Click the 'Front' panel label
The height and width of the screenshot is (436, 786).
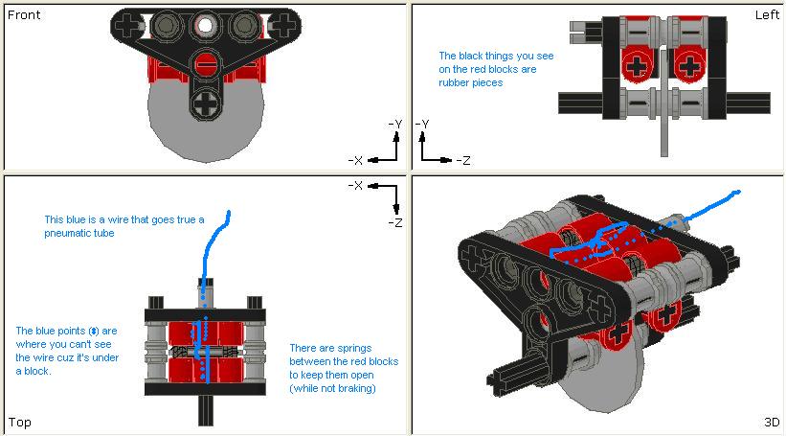[x=24, y=15]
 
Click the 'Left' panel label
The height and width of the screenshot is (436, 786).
[x=767, y=15]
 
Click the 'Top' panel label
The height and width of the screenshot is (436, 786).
[x=20, y=422]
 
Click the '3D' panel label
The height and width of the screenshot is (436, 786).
[x=772, y=422]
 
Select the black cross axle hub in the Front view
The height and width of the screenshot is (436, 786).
[x=205, y=100]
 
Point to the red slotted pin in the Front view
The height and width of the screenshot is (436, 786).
[x=205, y=65]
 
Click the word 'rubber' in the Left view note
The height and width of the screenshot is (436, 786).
[x=456, y=83]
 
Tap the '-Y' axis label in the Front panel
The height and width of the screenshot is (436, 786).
[x=394, y=124]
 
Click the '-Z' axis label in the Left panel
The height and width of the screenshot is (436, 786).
[x=461, y=160]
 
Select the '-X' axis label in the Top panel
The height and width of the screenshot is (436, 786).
[x=356, y=185]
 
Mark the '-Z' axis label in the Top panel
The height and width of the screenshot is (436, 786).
[x=394, y=221]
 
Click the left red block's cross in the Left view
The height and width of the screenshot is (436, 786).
[x=637, y=66]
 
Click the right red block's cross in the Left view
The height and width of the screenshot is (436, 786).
[x=690, y=66]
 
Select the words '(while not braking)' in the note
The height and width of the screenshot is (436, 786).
[x=335, y=388]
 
